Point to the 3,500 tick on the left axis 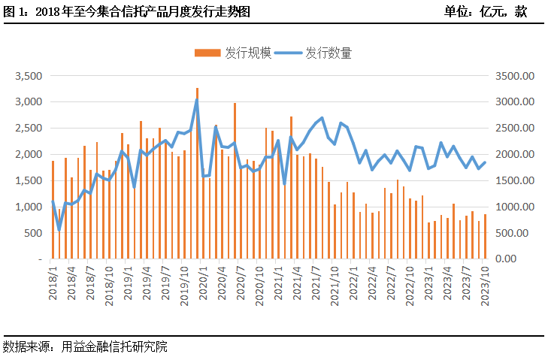pyautogui.click(x=29, y=76)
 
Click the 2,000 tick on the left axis pyautogui.click(x=29, y=155)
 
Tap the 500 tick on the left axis pyautogui.click(x=33, y=233)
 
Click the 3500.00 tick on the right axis pyautogui.click(x=516, y=76)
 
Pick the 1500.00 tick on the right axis pyautogui.click(x=516, y=181)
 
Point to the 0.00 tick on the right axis pyautogui.click(x=522, y=259)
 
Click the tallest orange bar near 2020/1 pyautogui.click(x=197, y=173)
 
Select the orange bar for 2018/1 pyautogui.click(x=53, y=210)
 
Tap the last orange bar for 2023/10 pyautogui.click(x=485, y=237)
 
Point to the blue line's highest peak pyautogui.click(x=197, y=100)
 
